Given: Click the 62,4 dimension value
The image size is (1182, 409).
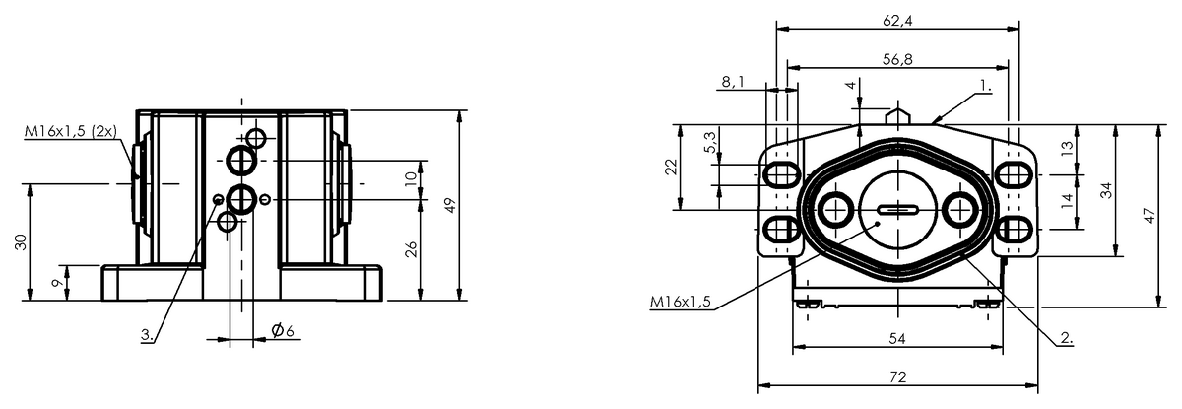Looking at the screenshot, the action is (x=897, y=20).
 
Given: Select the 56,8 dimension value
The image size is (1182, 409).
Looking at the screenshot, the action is (x=897, y=59).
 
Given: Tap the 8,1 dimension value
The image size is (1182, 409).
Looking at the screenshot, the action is (x=733, y=82).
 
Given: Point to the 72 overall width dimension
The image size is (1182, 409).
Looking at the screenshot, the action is (x=897, y=376).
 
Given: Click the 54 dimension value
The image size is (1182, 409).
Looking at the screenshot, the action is (x=897, y=338).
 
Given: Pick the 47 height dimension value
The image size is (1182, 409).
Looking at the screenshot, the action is (x=1149, y=216).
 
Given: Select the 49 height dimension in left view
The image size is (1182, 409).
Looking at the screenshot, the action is (x=449, y=205).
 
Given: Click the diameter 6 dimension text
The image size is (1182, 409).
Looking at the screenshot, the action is (x=283, y=330).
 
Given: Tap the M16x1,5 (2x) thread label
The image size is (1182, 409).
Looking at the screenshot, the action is (x=71, y=131).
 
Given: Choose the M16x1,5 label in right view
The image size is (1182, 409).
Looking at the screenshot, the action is (x=681, y=302).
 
